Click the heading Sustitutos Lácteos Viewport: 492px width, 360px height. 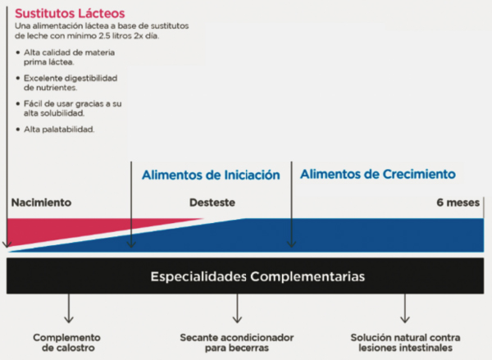(x=70, y=13)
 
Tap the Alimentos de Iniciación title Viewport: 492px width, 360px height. (x=211, y=175)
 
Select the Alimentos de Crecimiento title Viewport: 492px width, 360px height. (x=378, y=174)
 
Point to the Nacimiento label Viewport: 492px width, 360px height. (x=41, y=203)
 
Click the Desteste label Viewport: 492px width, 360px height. (x=212, y=203)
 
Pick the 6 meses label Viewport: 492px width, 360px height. (x=458, y=203)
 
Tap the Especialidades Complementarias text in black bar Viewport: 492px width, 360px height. (x=257, y=276)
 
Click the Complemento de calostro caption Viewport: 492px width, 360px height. (x=67, y=343)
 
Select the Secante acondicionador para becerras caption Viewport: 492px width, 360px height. (x=237, y=343)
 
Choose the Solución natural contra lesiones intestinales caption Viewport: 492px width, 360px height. (x=405, y=343)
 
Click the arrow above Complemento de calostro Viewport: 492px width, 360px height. (x=69, y=308)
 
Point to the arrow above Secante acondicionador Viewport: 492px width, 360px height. (x=237, y=308)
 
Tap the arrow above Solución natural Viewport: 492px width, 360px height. (x=405, y=308)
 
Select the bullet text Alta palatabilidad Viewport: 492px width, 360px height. (x=59, y=130)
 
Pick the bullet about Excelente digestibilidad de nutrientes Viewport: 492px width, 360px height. (x=71, y=83)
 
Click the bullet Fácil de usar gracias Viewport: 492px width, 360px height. (x=72, y=108)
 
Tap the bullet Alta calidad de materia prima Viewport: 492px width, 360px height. (x=69, y=57)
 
